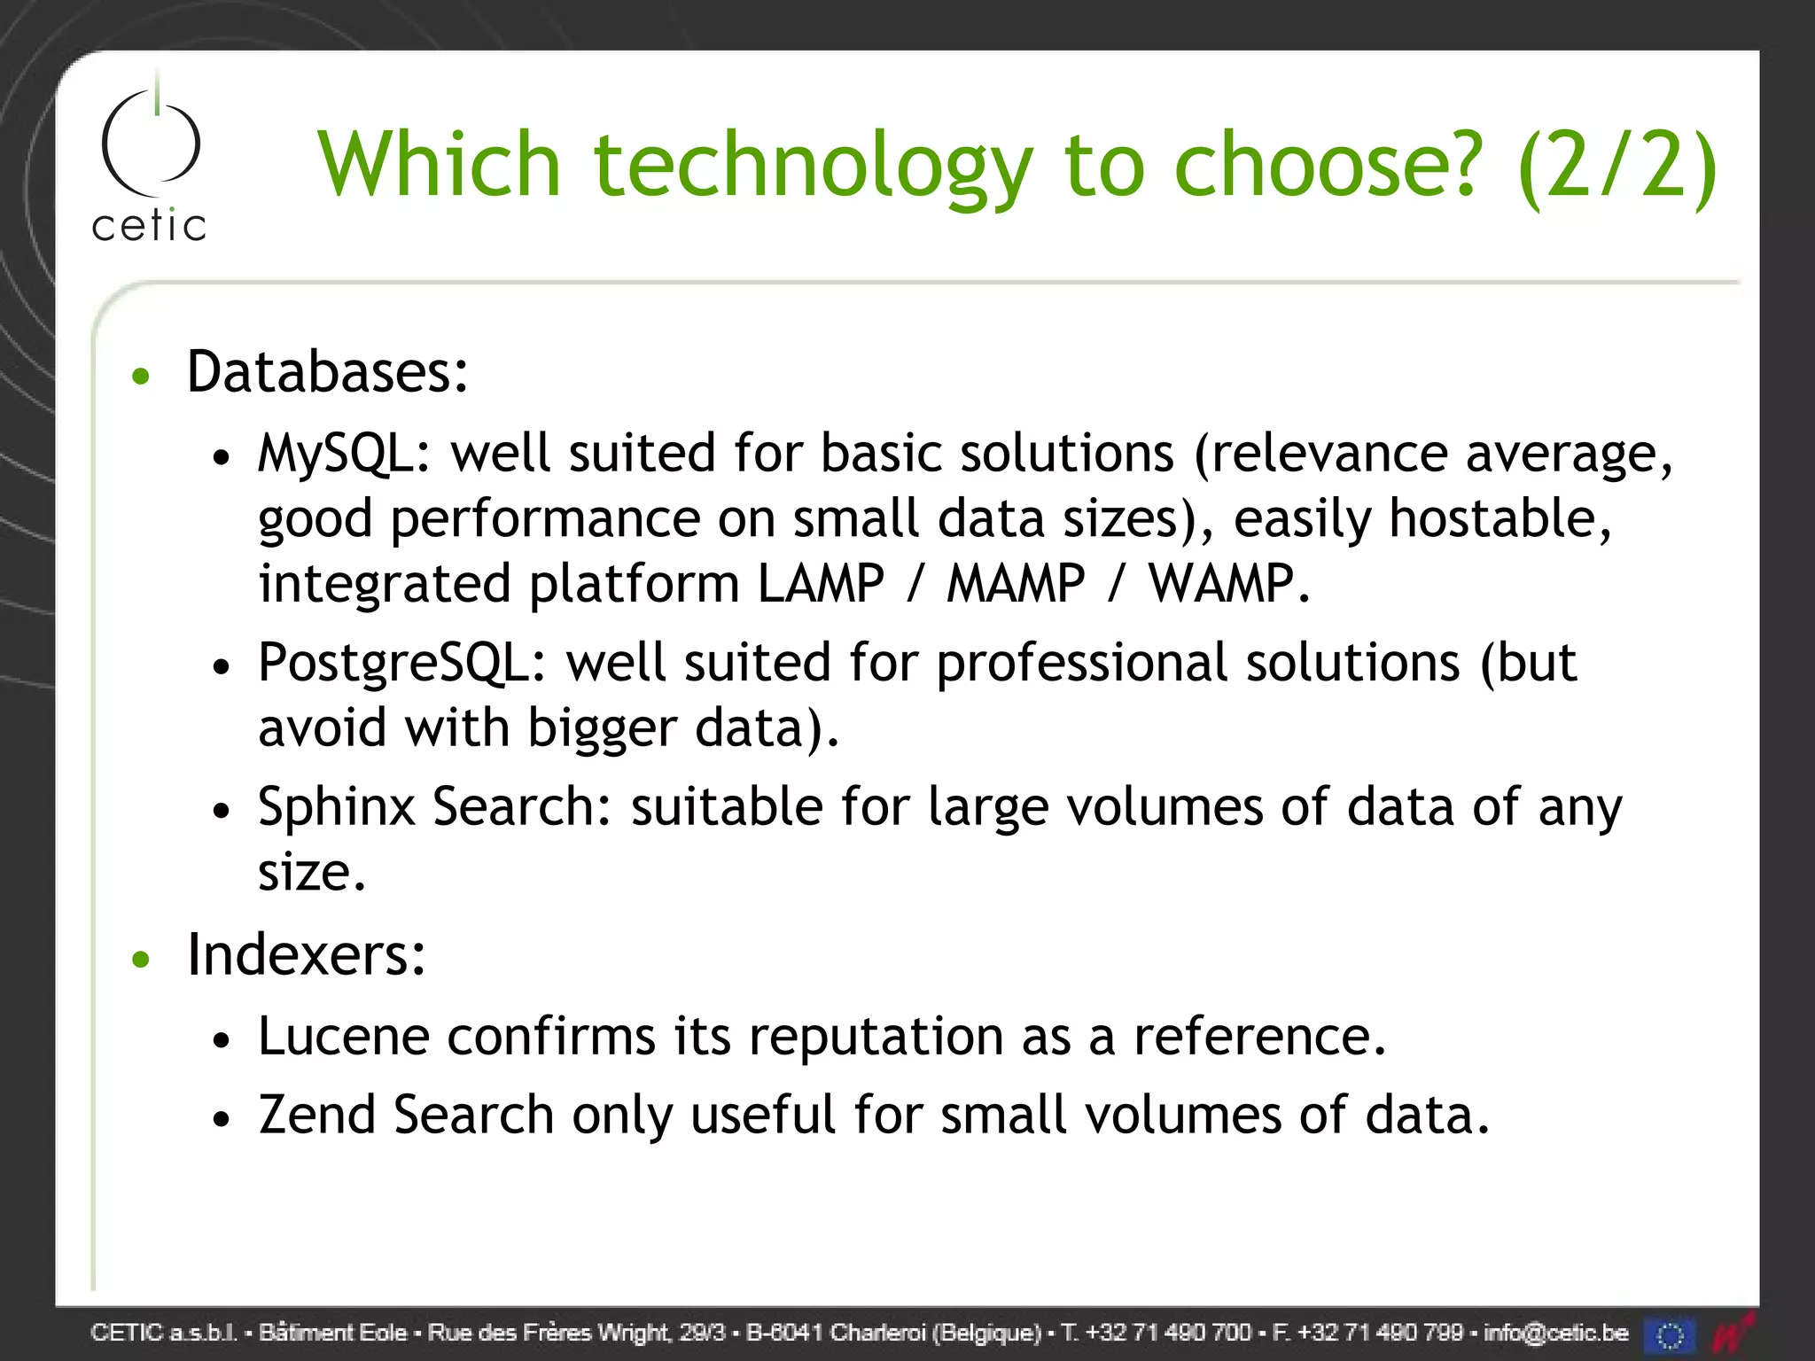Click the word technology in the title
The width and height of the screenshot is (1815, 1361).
click(813, 167)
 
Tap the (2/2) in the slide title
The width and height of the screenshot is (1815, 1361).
click(1616, 167)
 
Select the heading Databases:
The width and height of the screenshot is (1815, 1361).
click(327, 371)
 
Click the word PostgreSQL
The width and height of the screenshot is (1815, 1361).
click(401, 663)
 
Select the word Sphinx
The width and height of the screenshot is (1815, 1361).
click(337, 807)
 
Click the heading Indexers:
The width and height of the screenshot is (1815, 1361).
click(307, 955)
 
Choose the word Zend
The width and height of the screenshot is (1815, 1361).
click(317, 1114)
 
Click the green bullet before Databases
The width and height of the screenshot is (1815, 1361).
click(141, 377)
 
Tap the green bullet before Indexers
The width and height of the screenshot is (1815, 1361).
click(141, 959)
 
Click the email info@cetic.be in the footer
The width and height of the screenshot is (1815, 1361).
click(1555, 1333)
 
